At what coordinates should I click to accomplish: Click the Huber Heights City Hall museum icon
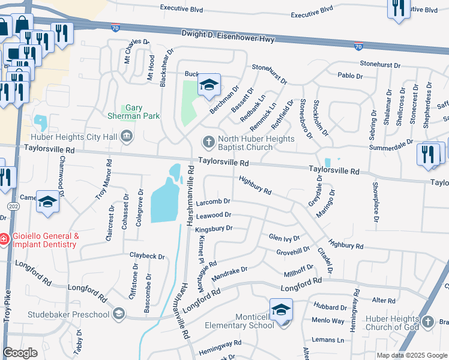(127, 137)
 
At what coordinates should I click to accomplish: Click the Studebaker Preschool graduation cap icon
(119, 314)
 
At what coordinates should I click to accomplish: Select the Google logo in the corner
(20, 353)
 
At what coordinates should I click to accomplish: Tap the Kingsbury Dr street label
(214, 229)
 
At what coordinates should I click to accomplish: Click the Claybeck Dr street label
(147, 256)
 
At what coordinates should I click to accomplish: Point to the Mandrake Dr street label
(229, 271)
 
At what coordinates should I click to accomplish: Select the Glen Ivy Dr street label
(284, 238)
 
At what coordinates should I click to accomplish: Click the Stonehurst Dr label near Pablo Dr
(379, 63)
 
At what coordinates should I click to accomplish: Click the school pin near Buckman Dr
(209, 85)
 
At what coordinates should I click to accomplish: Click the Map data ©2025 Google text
(412, 355)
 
